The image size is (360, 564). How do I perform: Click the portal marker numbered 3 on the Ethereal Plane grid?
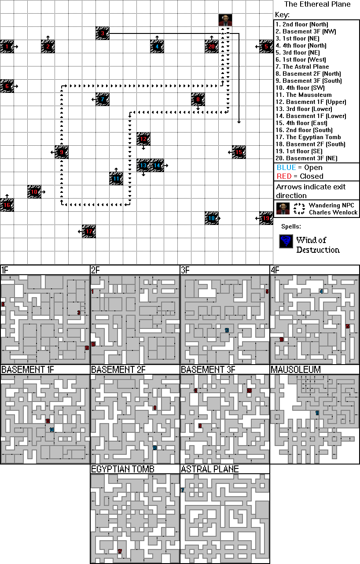(102, 33)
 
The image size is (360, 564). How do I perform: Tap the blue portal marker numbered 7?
(102, 100)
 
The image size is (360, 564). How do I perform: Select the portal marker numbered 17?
(89, 231)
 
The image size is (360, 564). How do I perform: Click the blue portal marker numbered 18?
(211, 218)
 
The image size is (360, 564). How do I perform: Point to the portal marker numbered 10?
(34, 192)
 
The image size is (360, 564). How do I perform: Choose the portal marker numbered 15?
(239, 152)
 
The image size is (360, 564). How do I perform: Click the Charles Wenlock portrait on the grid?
(225, 20)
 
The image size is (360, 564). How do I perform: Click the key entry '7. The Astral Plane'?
(302, 67)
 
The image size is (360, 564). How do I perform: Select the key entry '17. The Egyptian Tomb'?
(308, 137)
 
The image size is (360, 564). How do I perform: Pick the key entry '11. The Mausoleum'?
(304, 95)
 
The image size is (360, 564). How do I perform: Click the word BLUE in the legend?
(286, 168)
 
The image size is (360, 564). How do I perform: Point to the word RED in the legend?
(284, 176)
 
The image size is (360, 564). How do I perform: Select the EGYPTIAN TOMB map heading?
(122, 469)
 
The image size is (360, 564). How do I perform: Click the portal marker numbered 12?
(143, 139)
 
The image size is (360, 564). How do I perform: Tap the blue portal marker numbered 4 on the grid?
(157, 46)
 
